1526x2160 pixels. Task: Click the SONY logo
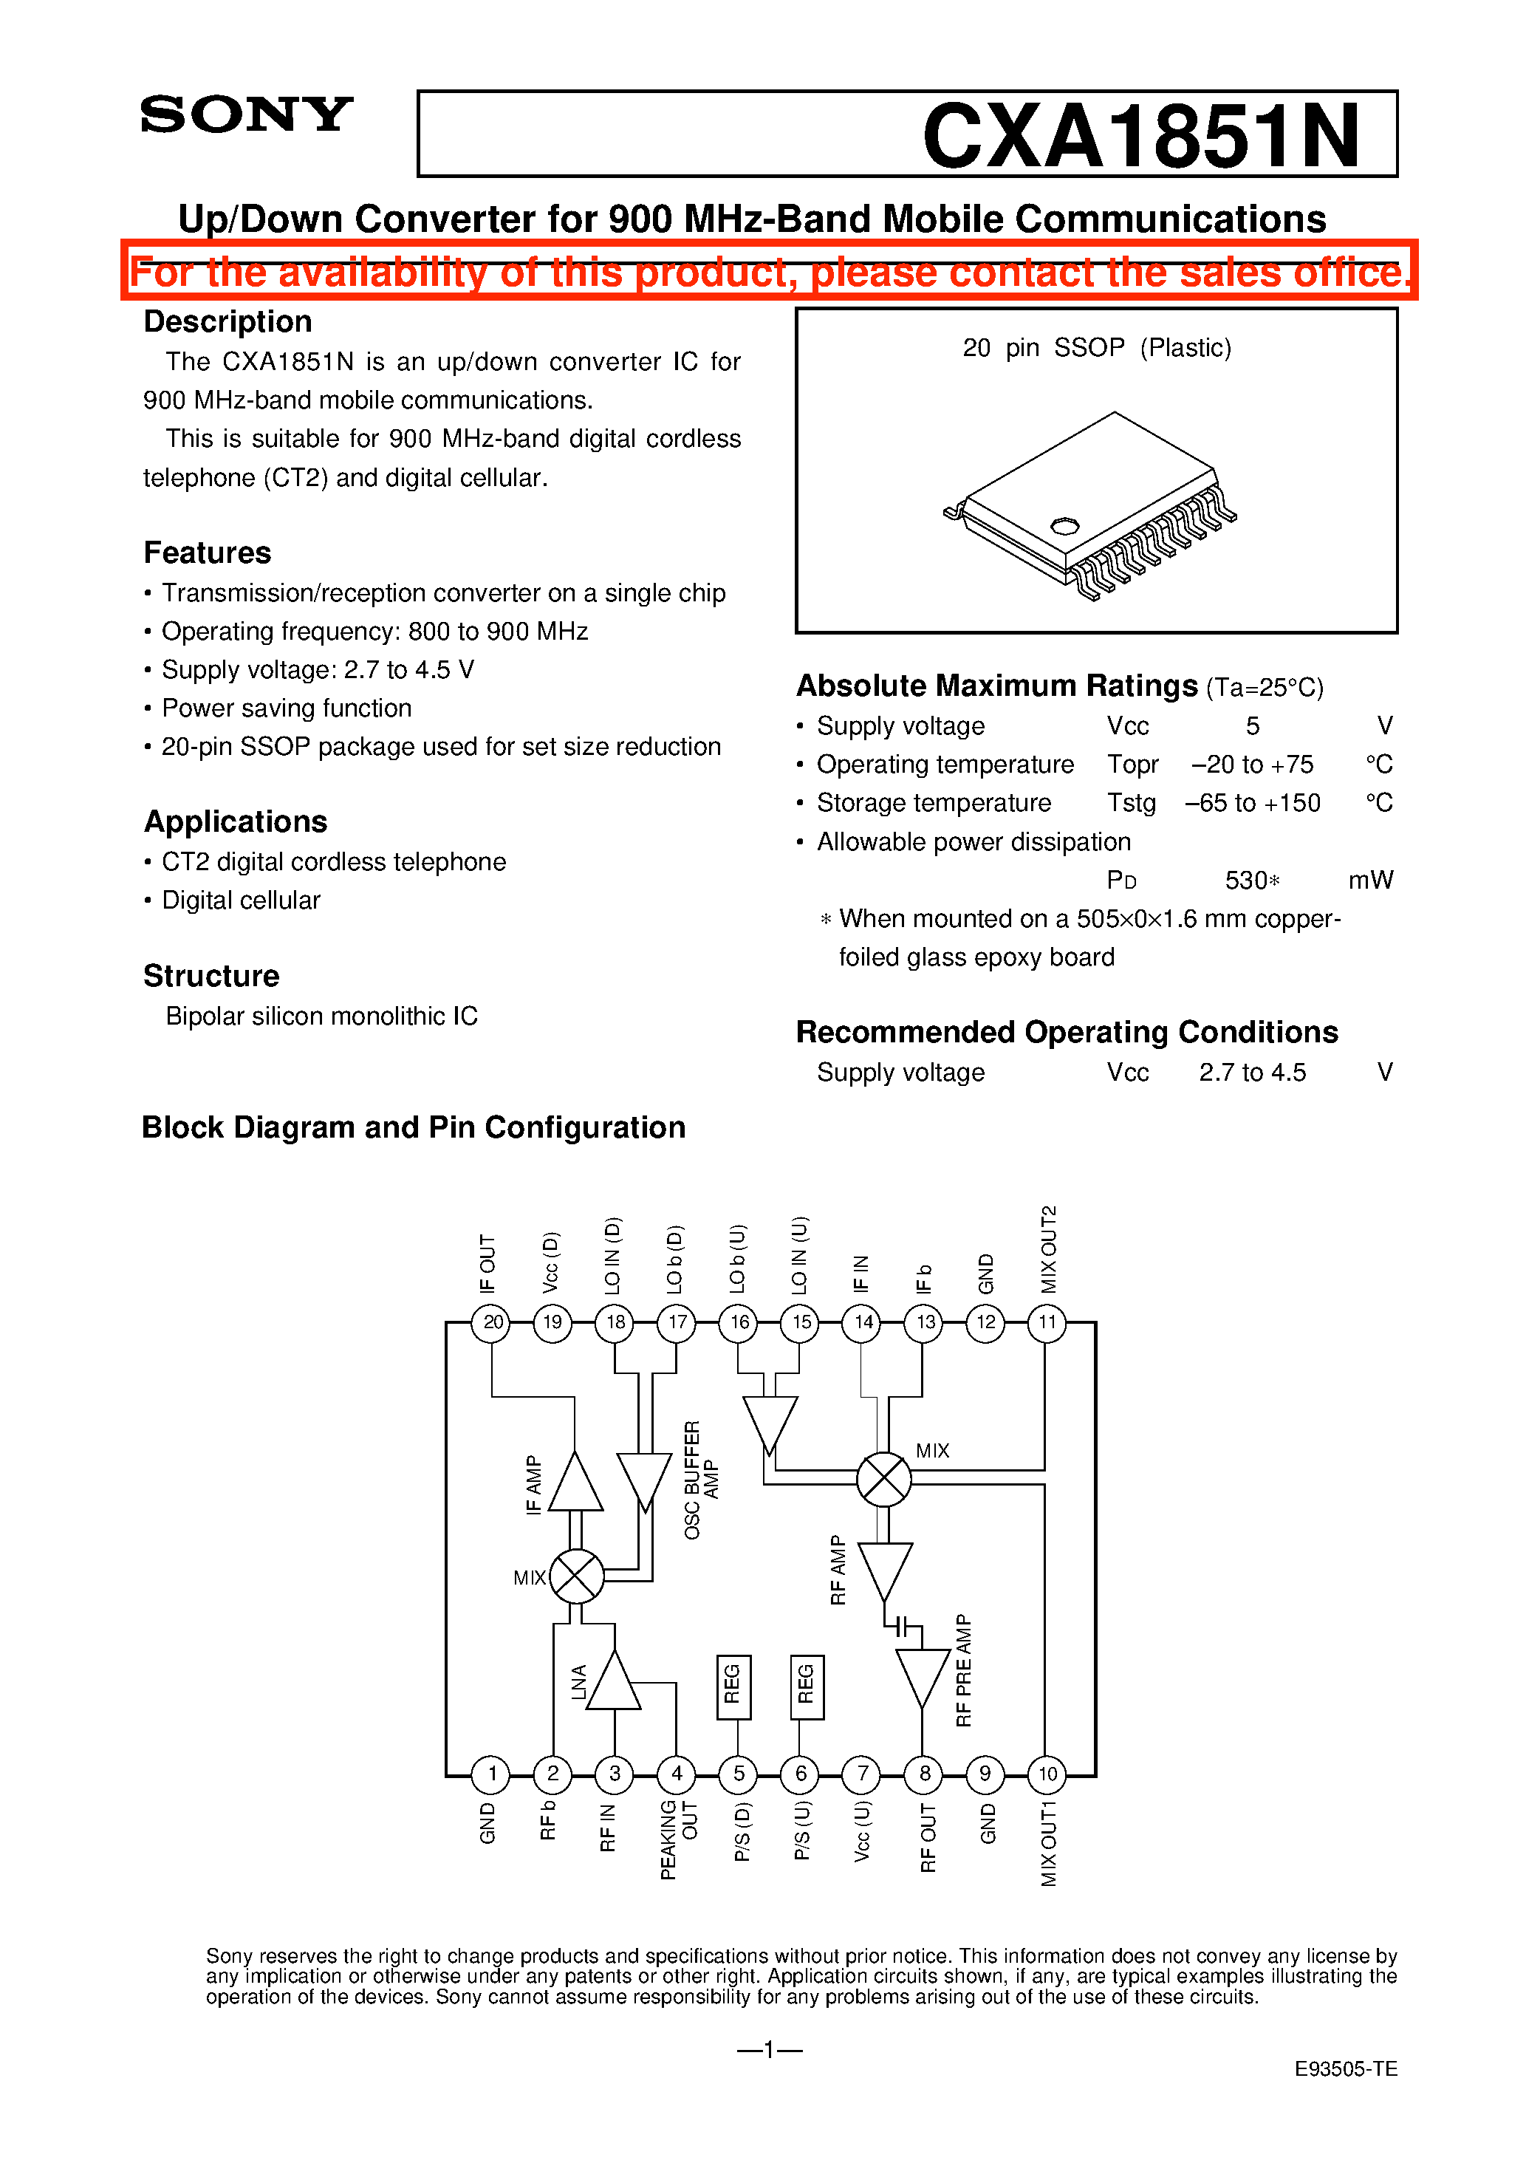point(247,115)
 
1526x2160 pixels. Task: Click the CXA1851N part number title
point(1140,137)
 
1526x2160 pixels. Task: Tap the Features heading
point(207,553)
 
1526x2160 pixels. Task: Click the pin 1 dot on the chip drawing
point(1064,525)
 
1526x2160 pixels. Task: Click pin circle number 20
point(492,1322)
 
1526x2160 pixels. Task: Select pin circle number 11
point(1047,1322)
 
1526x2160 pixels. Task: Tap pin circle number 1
point(491,1774)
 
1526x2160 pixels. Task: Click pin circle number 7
point(862,1774)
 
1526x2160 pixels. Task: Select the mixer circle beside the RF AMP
point(883,1479)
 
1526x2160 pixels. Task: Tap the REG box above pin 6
point(807,1686)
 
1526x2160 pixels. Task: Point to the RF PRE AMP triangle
point(922,1675)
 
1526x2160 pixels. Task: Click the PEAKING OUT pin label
point(678,1839)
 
